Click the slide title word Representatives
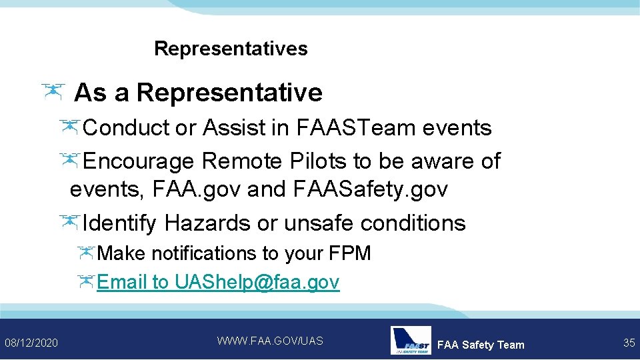click(231, 49)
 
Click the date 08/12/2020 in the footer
click(31, 343)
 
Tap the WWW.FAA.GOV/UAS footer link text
click(270, 341)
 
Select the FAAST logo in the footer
click(411, 340)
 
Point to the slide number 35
click(629, 343)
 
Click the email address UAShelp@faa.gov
click(257, 282)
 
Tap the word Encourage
click(139, 161)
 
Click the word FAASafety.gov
click(370, 190)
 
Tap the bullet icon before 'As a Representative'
click(53, 92)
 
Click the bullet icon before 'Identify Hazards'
click(69, 221)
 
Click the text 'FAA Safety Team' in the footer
click(481, 345)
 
